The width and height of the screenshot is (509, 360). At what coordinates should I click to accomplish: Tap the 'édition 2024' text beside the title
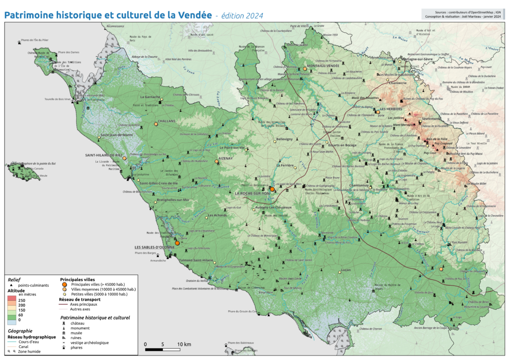241,16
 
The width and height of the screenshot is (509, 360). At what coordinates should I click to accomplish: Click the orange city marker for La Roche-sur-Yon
272,189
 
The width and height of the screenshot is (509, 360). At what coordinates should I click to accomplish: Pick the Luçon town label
345,270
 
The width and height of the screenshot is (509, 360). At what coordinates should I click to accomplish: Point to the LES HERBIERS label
391,109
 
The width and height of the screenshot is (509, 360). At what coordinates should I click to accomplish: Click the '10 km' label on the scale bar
184,344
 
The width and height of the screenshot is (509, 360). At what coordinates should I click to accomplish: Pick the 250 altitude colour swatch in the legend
12,301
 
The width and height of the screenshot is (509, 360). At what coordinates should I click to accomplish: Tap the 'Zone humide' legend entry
30,351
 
